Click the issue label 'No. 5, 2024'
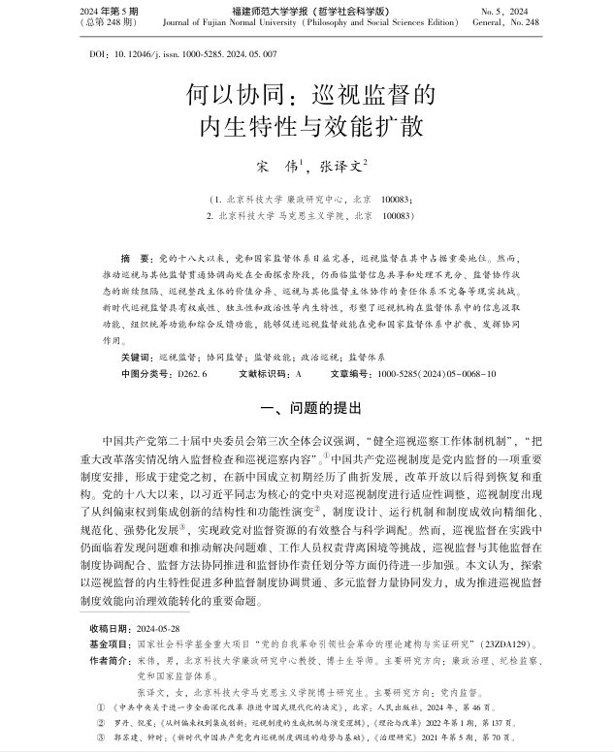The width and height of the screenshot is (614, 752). click(551, 10)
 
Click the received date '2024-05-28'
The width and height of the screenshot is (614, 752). click(156, 628)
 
